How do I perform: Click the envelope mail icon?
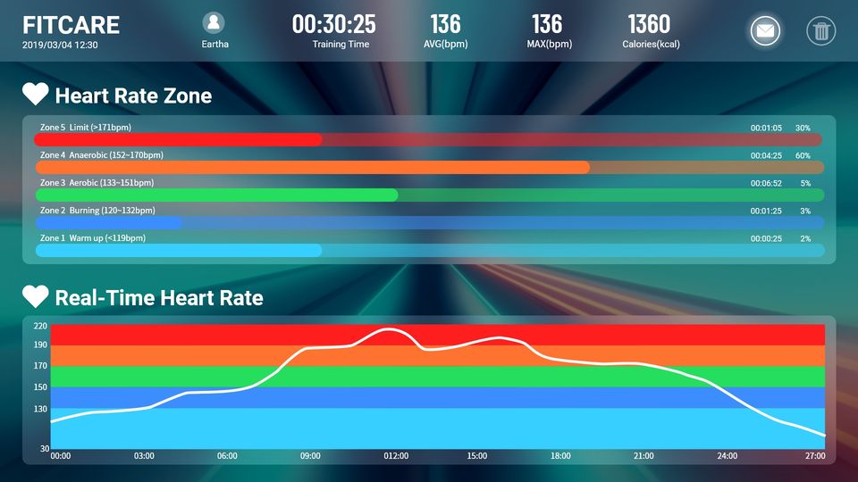tap(765, 31)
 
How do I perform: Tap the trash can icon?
tap(820, 31)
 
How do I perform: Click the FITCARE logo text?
tap(71, 25)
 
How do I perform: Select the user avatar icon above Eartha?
tap(214, 23)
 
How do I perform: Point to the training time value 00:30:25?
tap(333, 23)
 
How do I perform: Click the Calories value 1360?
tap(649, 23)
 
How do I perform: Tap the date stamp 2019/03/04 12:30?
tap(60, 45)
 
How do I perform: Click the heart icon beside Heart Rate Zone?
tap(36, 95)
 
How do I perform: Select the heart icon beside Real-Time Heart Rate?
tap(36, 297)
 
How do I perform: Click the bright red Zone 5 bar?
tap(178, 140)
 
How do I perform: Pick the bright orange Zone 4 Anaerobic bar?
tap(313, 167)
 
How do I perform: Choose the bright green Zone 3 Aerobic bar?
tap(216, 195)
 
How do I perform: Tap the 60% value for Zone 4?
tap(803, 155)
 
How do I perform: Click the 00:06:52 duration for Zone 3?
tap(766, 183)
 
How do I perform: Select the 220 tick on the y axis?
tap(40, 327)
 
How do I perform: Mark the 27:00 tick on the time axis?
tap(814, 456)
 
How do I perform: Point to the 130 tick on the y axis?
tap(40, 409)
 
